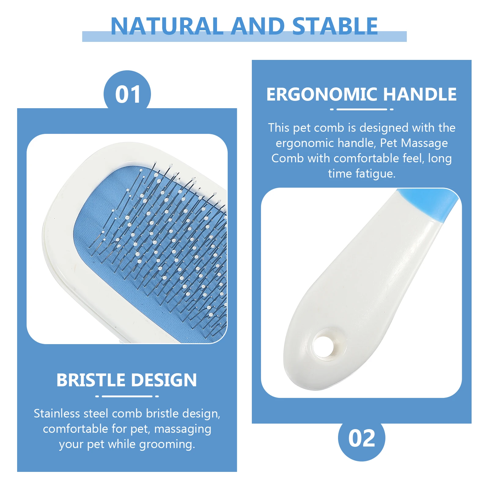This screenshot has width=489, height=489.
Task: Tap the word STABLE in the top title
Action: click(x=335, y=26)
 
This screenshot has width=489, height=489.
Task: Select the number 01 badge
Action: click(x=127, y=94)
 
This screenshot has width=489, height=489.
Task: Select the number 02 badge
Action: click(x=362, y=438)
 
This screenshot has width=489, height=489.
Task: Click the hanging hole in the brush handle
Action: click(x=324, y=347)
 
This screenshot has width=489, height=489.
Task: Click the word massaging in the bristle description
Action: click(x=182, y=429)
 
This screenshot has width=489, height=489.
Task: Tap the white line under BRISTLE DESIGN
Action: click(x=127, y=396)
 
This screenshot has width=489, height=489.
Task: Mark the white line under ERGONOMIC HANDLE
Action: click(x=362, y=109)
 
